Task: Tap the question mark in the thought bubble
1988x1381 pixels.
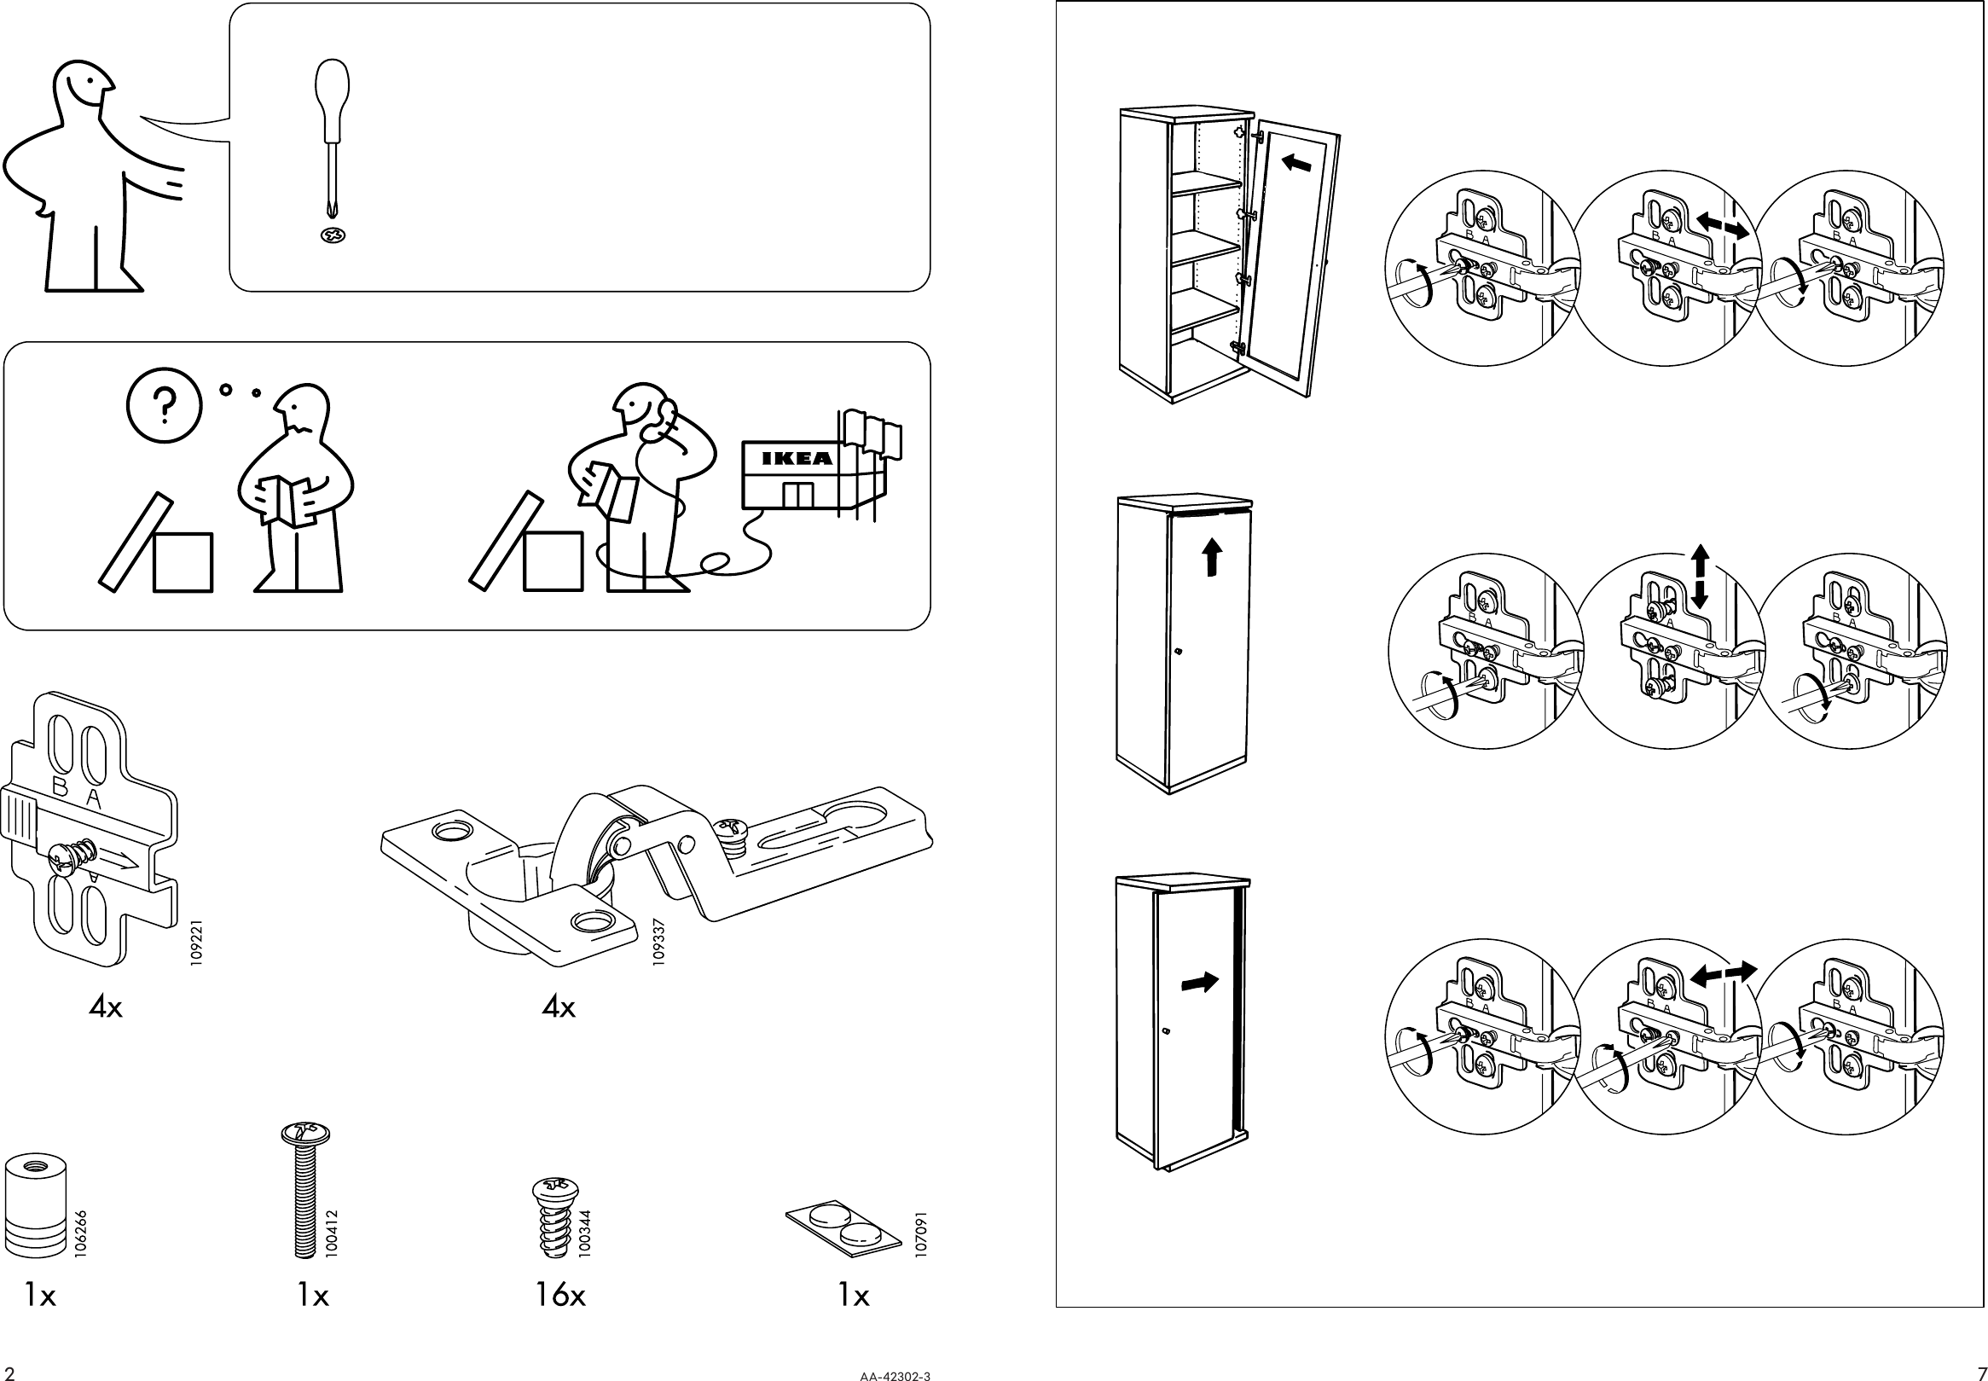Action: pyautogui.click(x=164, y=404)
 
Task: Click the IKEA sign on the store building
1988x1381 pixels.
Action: pyautogui.click(x=796, y=459)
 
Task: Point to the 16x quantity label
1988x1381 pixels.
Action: pyautogui.click(x=559, y=1296)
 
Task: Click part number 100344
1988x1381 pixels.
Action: pyautogui.click(x=585, y=1233)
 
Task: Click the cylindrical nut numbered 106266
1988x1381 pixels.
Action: pyautogui.click(x=35, y=1205)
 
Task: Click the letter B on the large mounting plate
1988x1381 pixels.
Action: pyautogui.click(x=61, y=786)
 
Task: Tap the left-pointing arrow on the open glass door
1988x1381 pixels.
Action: pyautogui.click(x=1296, y=163)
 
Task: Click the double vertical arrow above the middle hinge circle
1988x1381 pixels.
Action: pyautogui.click(x=1700, y=576)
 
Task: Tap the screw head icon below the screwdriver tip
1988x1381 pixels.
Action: pyautogui.click(x=333, y=235)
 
